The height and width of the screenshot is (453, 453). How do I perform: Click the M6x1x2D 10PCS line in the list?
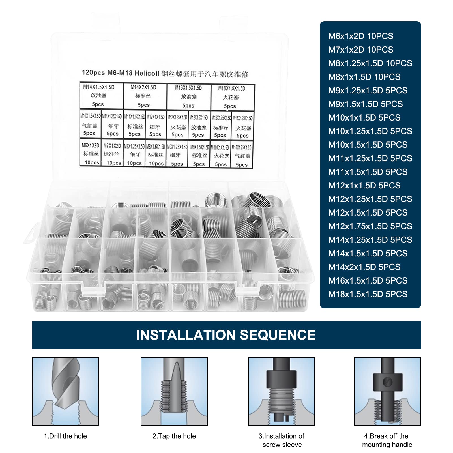(361, 36)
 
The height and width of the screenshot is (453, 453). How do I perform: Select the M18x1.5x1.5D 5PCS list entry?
(368, 294)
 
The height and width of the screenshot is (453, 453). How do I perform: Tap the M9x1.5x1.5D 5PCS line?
(365, 104)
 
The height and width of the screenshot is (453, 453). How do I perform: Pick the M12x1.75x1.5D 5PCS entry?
(370, 226)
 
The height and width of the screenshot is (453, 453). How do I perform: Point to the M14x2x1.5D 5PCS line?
(364, 267)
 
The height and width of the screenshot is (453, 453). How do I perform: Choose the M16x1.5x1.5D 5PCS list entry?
(368, 281)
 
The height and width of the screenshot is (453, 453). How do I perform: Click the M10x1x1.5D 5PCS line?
(364, 118)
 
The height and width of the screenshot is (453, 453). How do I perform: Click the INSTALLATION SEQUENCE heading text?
(226, 335)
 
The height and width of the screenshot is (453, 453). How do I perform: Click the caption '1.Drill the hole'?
(65, 436)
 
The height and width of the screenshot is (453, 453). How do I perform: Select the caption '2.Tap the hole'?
(174, 436)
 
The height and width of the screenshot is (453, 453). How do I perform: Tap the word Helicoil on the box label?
(147, 73)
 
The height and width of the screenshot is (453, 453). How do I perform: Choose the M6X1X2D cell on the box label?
(91, 153)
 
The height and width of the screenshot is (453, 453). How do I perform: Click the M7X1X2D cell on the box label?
(112, 154)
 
